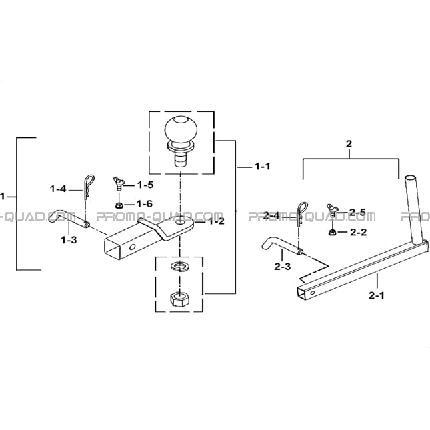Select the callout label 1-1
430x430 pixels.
point(263,166)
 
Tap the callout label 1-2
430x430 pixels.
point(217,221)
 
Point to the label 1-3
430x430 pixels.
point(69,240)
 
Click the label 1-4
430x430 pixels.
point(58,189)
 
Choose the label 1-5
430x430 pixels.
point(145,185)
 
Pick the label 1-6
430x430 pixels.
point(145,204)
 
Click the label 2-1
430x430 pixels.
point(377,295)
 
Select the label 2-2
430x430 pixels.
point(359,232)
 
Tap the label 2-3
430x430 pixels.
point(283,266)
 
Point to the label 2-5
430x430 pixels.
point(357,212)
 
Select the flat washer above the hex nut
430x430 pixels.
point(179,266)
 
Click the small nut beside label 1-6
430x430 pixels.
point(119,205)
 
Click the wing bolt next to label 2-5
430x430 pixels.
point(333,211)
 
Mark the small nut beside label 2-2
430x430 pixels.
point(332,232)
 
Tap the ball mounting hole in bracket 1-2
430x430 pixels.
point(181,221)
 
